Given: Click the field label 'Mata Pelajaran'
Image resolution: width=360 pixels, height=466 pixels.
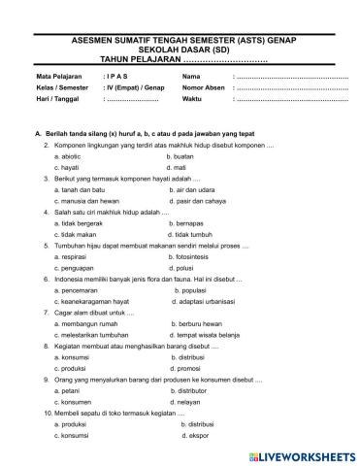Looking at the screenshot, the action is pos(59,75).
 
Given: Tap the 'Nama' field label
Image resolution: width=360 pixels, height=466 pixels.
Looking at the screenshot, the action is pos(191,75).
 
